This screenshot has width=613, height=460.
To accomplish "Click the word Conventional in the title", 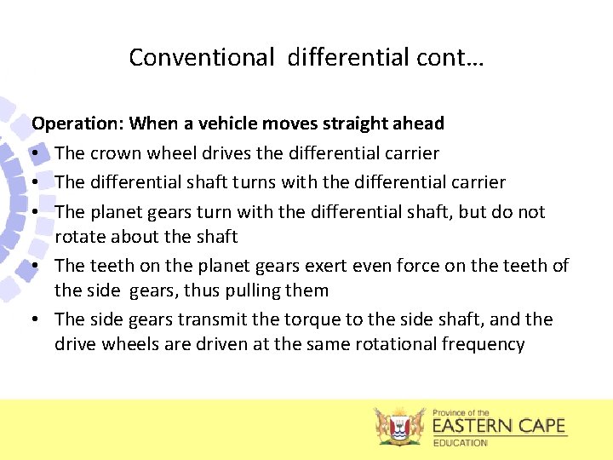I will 202,57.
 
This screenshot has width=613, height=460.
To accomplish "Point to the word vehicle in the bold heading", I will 227,124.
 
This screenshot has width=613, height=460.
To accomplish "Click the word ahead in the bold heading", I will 417,124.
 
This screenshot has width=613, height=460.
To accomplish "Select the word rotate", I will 80,236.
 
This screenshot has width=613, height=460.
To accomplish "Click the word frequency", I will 484,344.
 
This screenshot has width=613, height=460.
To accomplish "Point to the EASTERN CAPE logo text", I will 499,425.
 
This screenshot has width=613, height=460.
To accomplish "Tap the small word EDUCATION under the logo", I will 461,443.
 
